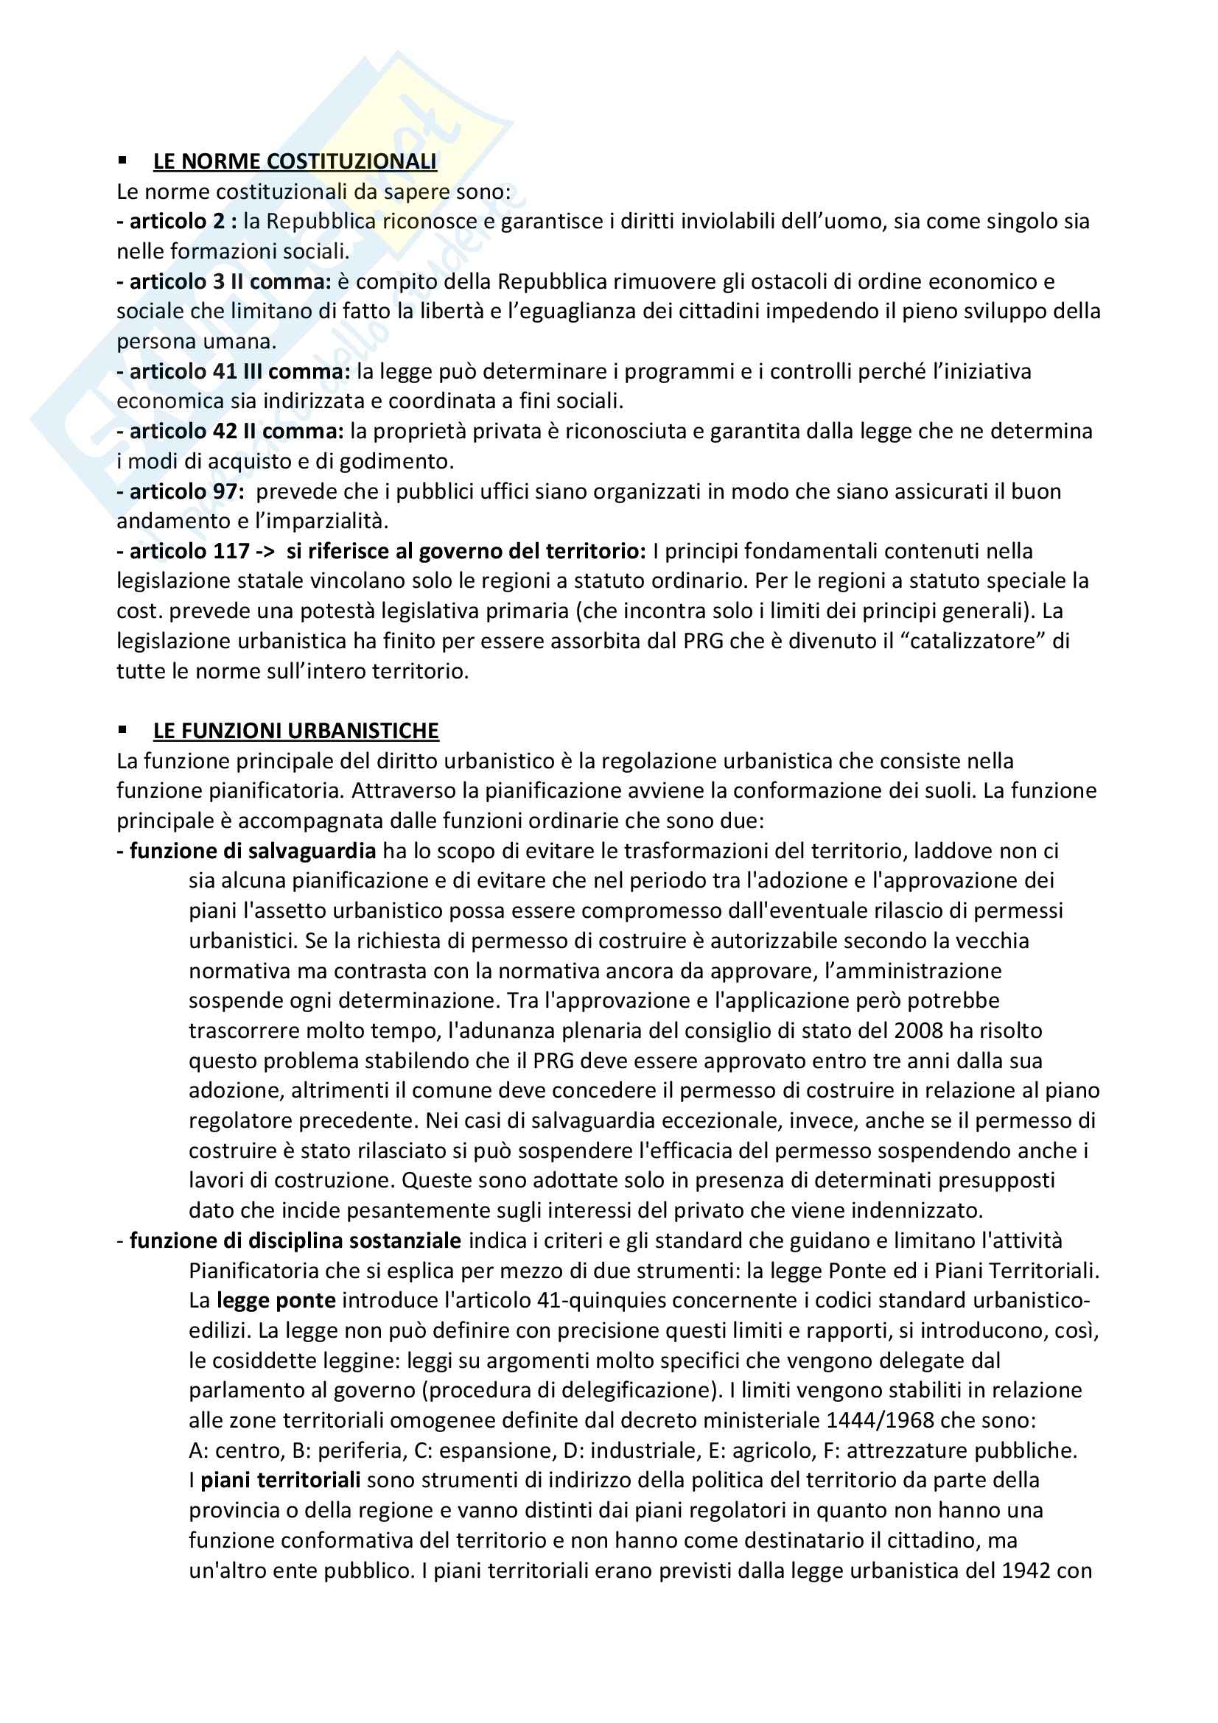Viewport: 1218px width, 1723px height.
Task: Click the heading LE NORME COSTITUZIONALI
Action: pyautogui.click(x=295, y=161)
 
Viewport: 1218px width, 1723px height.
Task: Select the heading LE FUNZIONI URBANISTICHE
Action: pyautogui.click(x=295, y=730)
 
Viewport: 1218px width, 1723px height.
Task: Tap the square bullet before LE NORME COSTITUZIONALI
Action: pyautogui.click(x=122, y=161)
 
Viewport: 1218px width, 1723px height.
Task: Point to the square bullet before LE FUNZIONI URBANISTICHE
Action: pyautogui.click(x=122, y=729)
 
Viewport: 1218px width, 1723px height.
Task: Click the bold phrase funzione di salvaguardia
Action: pyautogui.click(x=252, y=850)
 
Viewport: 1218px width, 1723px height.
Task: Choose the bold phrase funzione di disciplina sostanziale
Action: pyautogui.click(x=295, y=1241)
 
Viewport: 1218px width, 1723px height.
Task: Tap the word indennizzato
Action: pyautogui.click(x=917, y=1210)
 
